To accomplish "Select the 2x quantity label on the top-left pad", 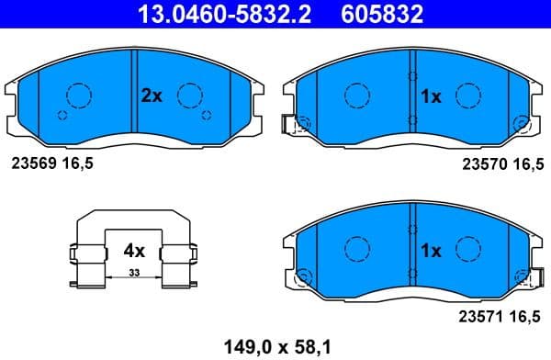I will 152,95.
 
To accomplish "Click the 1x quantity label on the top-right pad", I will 431,96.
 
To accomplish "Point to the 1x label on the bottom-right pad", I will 431,250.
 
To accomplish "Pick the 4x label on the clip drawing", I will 134,250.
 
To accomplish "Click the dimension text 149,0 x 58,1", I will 277,346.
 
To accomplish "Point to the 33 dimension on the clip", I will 133,273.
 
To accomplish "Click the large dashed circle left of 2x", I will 80,95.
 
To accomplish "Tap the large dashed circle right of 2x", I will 190,95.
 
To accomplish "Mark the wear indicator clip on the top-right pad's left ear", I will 298,125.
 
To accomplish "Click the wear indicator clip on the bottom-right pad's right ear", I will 524,276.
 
